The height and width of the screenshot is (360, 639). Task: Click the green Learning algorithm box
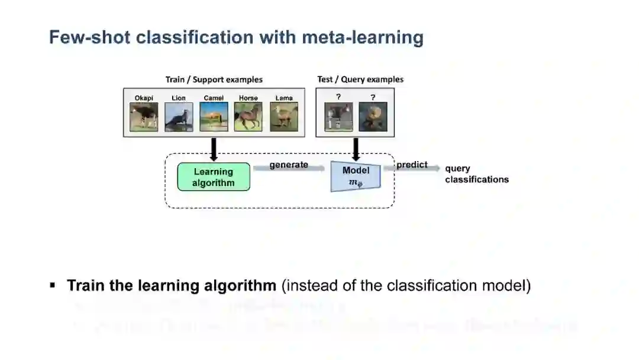(x=214, y=177)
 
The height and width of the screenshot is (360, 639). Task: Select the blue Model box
(x=356, y=176)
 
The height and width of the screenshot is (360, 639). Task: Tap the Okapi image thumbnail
(x=144, y=117)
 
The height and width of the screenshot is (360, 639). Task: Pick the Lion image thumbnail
(x=179, y=117)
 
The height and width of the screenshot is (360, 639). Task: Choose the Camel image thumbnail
(x=214, y=117)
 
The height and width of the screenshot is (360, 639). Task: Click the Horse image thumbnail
(x=248, y=117)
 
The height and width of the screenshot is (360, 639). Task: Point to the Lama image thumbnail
(x=284, y=117)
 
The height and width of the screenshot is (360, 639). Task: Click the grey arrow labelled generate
(x=289, y=169)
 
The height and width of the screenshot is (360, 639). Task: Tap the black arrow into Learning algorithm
(x=214, y=149)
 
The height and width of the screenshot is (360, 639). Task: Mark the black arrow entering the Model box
(x=356, y=149)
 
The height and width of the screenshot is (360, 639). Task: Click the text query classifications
(x=476, y=174)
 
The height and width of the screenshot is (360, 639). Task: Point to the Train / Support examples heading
(x=214, y=79)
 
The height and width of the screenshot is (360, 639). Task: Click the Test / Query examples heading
(x=360, y=79)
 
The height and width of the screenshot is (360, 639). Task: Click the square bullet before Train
(x=53, y=285)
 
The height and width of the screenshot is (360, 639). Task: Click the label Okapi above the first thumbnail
(x=144, y=98)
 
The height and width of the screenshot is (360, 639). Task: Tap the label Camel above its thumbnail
(x=214, y=98)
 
